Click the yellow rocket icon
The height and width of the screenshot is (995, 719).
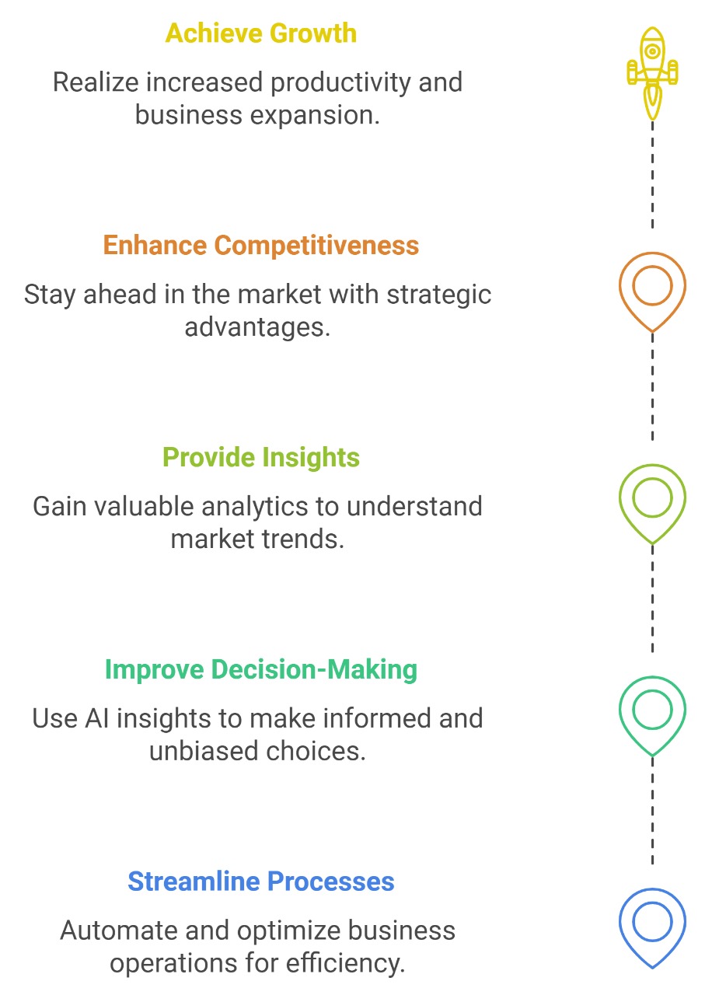tap(652, 73)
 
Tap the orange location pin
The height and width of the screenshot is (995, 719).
tap(620, 287)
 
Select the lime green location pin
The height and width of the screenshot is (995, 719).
tap(620, 498)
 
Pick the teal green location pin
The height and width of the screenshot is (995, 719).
tap(620, 710)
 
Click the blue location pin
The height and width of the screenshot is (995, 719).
tap(620, 923)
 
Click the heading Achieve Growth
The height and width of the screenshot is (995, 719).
tap(261, 33)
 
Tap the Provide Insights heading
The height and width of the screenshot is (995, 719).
tap(261, 458)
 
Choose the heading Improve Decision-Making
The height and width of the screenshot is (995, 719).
tap(261, 669)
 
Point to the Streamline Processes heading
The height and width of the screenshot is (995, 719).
tap(261, 882)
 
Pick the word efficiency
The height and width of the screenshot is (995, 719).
tap(345, 963)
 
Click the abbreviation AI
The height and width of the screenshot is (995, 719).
tap(97, 719)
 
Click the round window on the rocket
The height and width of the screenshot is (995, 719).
tap(652, 51)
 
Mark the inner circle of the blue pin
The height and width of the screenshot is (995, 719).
tap(633, 922)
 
